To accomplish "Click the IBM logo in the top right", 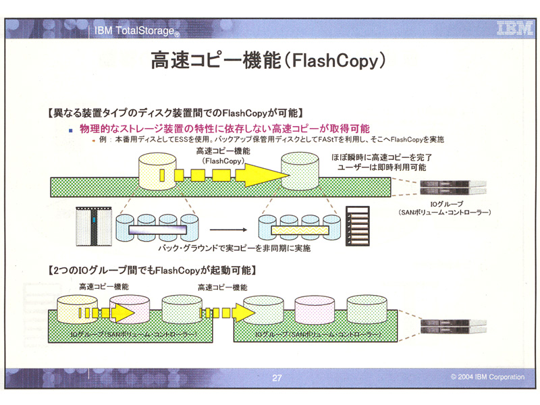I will click(x=512, y=28).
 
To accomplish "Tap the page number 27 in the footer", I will click(x=277, y=378).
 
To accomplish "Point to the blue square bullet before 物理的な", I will click(x=70, y=128).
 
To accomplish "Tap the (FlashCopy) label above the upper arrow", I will click(x=223, y=161).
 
